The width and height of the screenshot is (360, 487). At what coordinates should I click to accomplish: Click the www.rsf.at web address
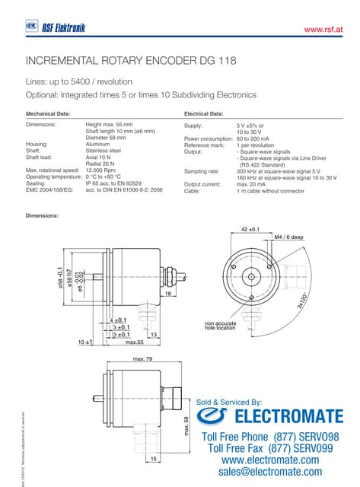pyautogui.click(x=325, y=29)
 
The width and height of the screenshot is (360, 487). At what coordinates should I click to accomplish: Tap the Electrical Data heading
pyautogui.click(x=204, y=113)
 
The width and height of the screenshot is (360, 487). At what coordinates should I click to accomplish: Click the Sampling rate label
pyautogui.click(x=202, y=171)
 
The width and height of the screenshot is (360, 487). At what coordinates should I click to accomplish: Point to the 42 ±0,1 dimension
pyautogui.click(x=250, y=228)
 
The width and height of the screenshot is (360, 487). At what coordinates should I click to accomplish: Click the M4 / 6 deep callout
pyautogui.click(x=288, y=237)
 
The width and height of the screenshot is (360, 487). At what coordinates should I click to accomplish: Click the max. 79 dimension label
pyautogui.click(x=143, y=358)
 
